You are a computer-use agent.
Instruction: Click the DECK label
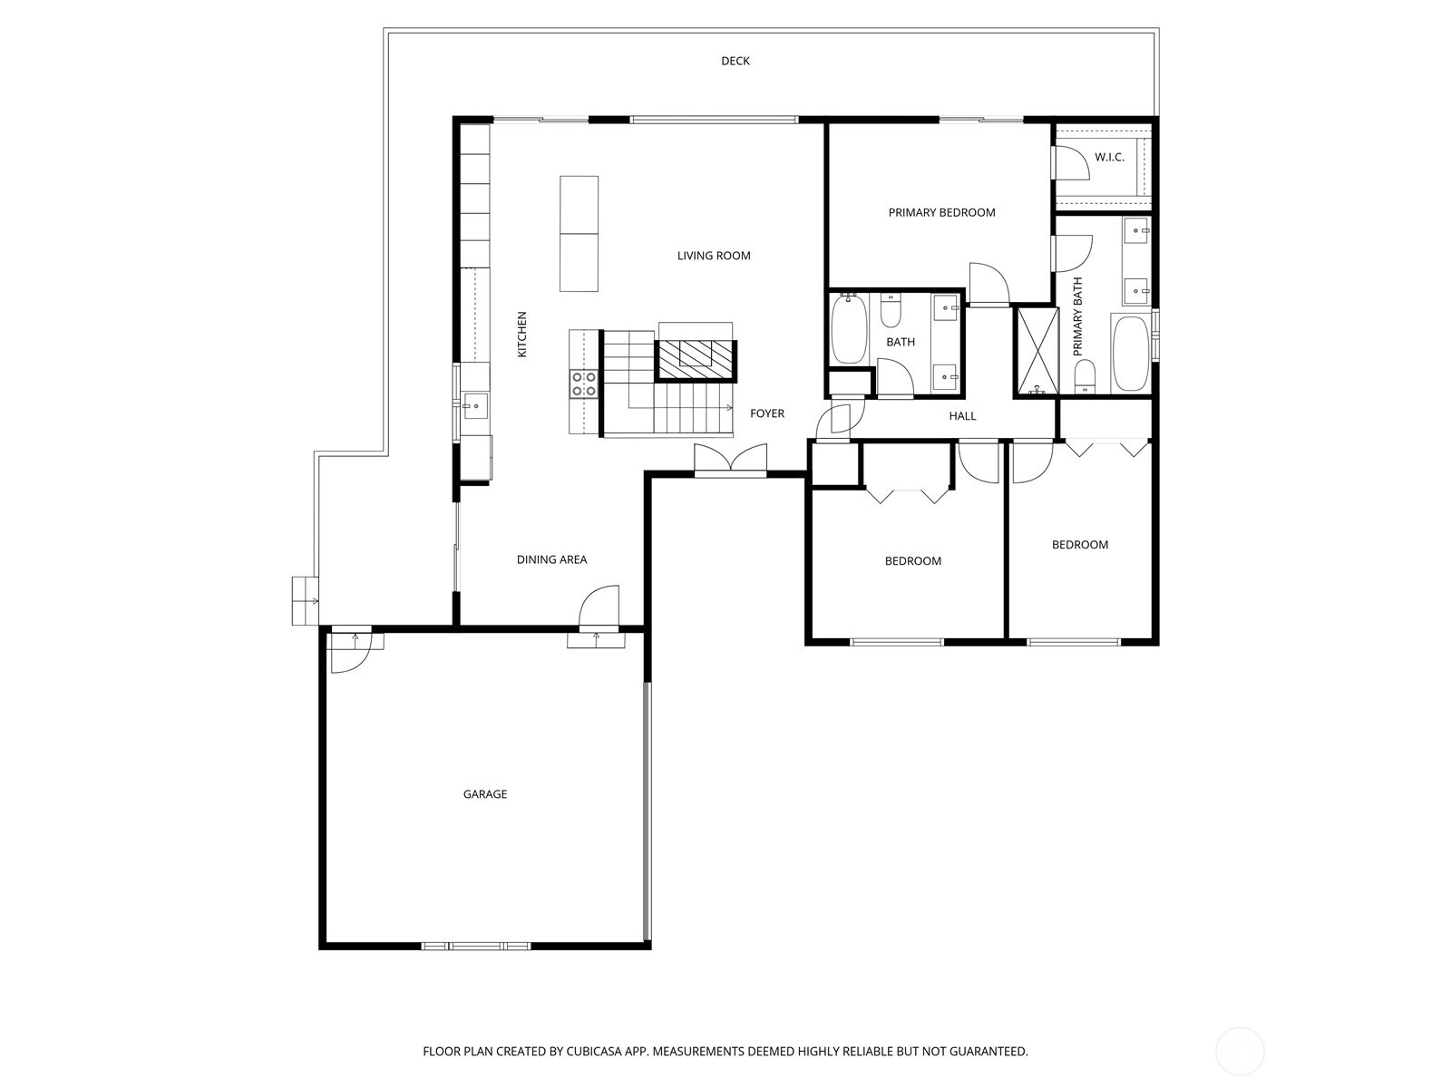tap(735, 62)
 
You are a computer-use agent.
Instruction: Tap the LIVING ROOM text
tap(714, 256)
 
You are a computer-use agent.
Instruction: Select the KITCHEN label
tap(521, 335)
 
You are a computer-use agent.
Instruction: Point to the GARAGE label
tap(484, 794)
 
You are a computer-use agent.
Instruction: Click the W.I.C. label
tap(1109, 157)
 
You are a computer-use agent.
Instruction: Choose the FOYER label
tap(767, 413)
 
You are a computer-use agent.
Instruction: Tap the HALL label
tap(962, 416)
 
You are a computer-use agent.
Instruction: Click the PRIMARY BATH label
tap(1077, 316)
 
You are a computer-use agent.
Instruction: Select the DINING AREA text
tap(551, 559)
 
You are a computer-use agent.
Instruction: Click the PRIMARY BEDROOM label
tap(941, 213)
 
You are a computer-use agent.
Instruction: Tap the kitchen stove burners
tap(584, 384)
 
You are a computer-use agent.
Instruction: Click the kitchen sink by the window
tap(474, 405)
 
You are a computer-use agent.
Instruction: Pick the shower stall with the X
tap(1036, 351)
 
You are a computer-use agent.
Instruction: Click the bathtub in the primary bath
tap(1131, 355)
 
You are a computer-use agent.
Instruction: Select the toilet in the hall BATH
tap(891, 310)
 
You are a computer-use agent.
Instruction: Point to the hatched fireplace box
tap(696, 360)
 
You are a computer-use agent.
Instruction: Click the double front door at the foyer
tap(730, 460)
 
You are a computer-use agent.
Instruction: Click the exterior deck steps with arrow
tap(305, 600)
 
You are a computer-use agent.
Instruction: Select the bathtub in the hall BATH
tap(848, 330)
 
